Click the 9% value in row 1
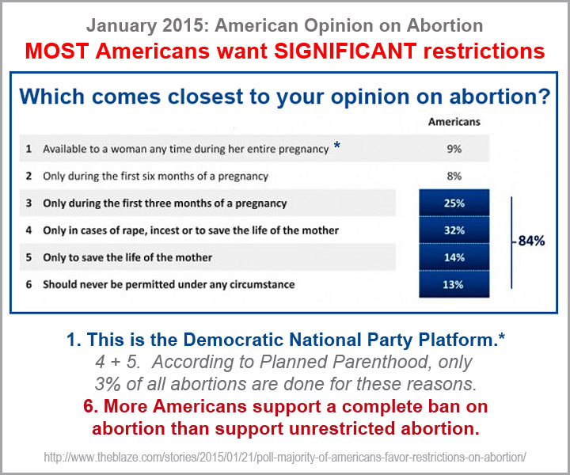pyautogui.click(x=454, y=148)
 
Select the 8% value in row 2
pyautogui.click(x=454, y=176)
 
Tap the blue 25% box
pyautogui.click(x=454, y=203)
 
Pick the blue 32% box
pyautogui.click(x=454, y=230)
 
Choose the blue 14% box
pyautogui.click(x=454, y=257)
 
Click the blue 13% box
pyautogui.click(x=454, y=285)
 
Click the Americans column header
pyautogui.click(x=454, y=123)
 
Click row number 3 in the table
pyautogui.click(x=28, y=203)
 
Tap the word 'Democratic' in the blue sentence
pyautogui.click(x=214, y=341)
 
